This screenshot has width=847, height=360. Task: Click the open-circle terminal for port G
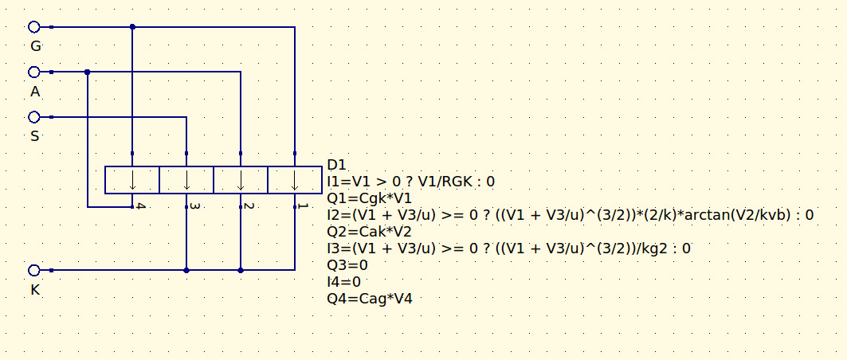pos(34,26)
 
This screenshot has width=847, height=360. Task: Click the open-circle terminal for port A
pos(34,72)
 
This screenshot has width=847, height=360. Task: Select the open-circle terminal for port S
pos(34,116)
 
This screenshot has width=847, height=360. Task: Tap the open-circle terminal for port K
pos(34,270)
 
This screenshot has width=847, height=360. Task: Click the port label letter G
pos(36,46)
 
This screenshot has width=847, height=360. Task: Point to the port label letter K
pos(35,291)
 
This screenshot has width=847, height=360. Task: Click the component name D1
pos(336,165)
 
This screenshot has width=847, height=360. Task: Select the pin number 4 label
pos(140,206)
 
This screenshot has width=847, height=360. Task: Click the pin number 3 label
pos(195,206)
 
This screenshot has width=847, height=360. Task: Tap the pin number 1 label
pos(303,206)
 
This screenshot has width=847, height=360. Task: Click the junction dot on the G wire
pos(132,26)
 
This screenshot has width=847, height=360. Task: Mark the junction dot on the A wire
pos(88,72)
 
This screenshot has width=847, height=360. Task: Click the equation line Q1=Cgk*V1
pos(370,198)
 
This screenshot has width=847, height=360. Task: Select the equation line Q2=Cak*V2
pos(370,232)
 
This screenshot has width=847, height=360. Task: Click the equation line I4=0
pos(344,281)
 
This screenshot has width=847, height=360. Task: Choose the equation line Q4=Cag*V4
pos(370,298)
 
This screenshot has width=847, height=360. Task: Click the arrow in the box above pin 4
pos(132,180)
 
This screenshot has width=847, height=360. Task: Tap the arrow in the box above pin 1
pos(295,180)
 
